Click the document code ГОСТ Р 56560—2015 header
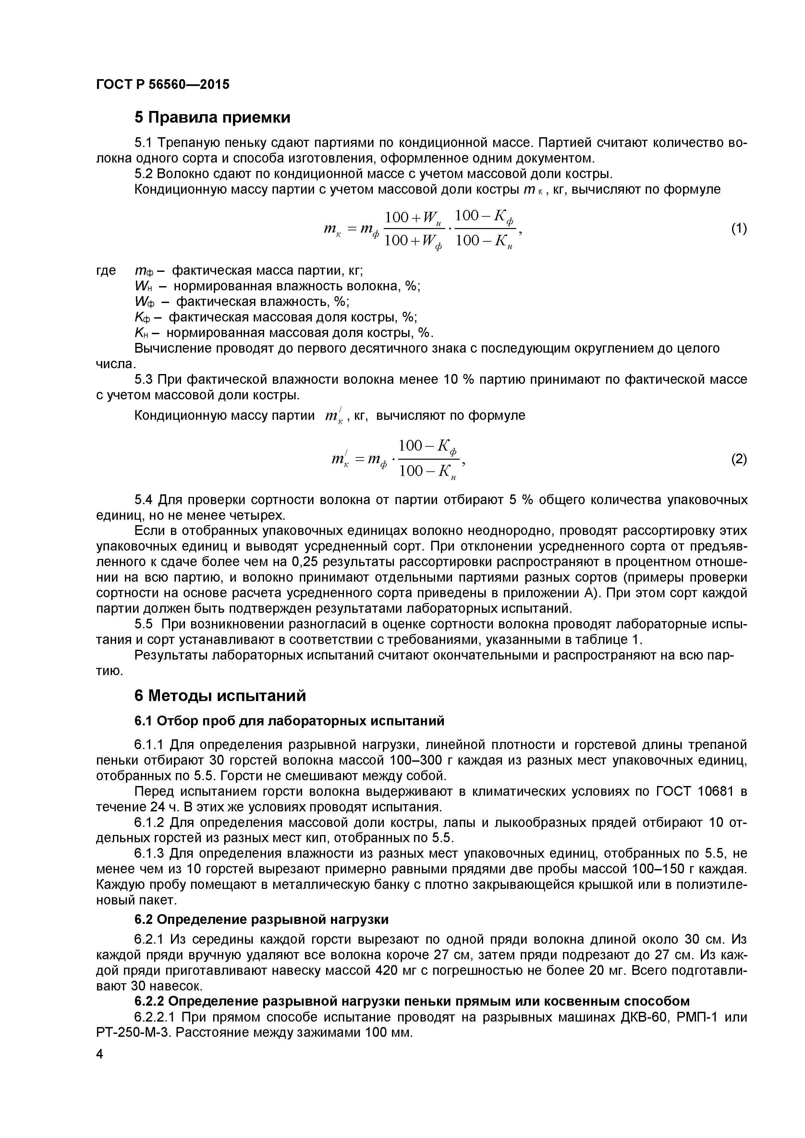(x=163, y=85)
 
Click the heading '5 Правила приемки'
(x=212, y=117)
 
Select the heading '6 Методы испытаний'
(x=220, y=696)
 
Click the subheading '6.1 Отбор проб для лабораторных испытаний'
(x=289, y=721)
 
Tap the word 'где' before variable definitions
(x=106, y=271)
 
